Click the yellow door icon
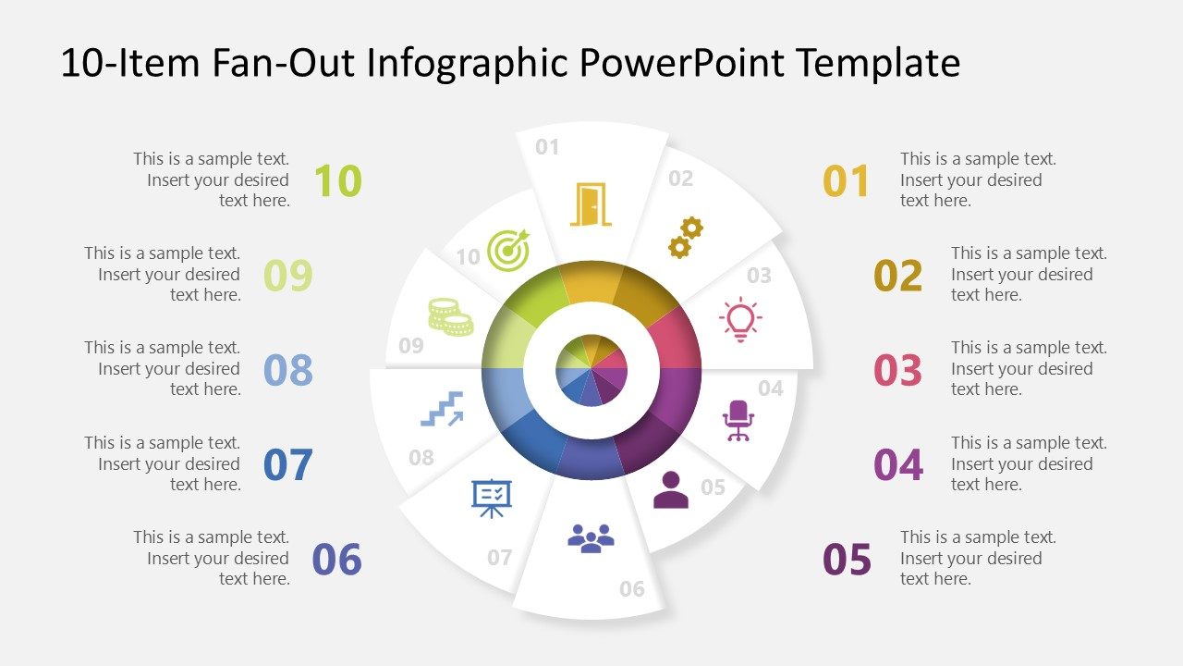(591, 204)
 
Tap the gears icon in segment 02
(686, 238)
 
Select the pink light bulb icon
(739, 319)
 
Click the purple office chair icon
(738, 420)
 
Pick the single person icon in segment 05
(670, 491)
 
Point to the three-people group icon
(591, 538)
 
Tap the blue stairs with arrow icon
(442, 408)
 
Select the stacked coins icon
(450, 316)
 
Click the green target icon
(507, 250)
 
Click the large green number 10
(337, 180)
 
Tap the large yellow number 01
(847, 181)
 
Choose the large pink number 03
(897, 370)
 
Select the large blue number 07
(288, 464)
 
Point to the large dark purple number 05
(847, 560)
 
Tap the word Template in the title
(878, 63)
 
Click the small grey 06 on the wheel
(632, 589)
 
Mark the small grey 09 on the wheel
(411, 346)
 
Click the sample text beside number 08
(163, 368)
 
